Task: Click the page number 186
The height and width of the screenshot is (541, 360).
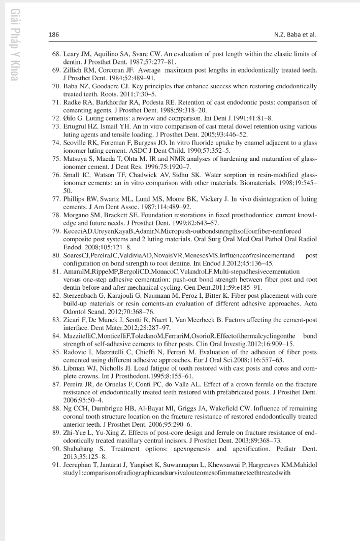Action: tap(53, 35)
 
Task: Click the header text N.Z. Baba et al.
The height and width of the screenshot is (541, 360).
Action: tap(294, 35)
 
